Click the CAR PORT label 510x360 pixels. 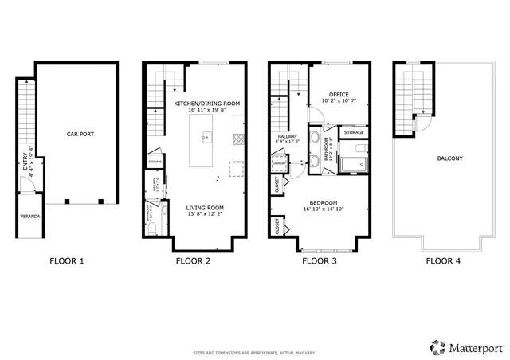pos(80,134)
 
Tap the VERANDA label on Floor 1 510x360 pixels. pos(29,216)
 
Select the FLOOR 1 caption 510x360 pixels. pos(67,260)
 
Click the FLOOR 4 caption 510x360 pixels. pos(443,260)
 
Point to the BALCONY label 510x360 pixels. pos(449,158)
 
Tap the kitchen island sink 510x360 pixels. pos(206,138)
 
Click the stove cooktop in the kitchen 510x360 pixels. pos(237,139)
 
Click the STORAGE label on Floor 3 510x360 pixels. pos(354,132)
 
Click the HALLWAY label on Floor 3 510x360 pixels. pos(288,137)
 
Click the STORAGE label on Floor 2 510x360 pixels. pos(155,162)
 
